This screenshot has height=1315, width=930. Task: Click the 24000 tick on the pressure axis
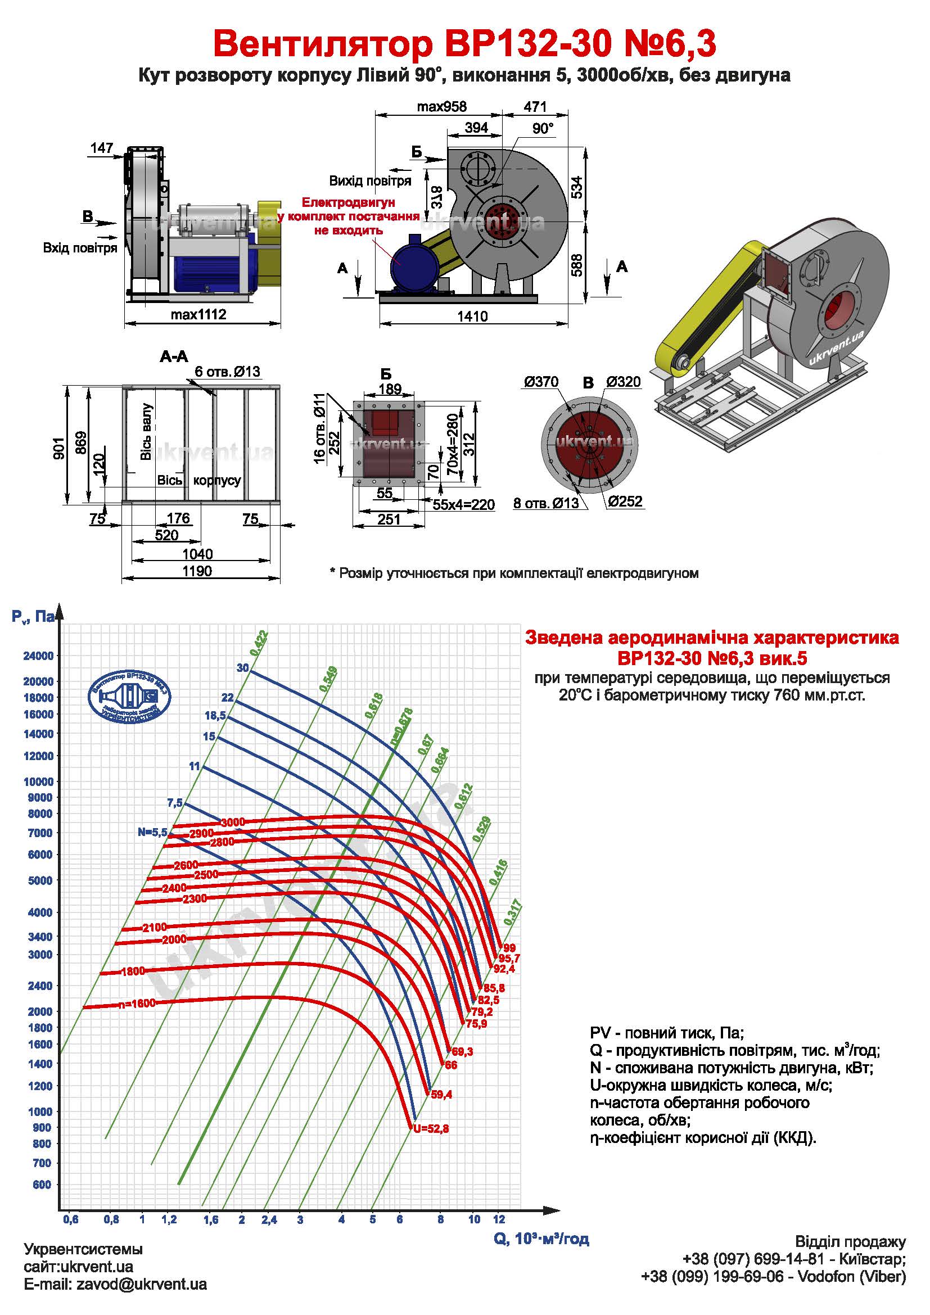[38, 656]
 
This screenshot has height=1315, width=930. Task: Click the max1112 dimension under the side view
[198, 314]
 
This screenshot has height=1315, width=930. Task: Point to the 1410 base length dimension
[472, 316]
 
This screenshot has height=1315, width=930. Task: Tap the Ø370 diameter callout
[540, 382]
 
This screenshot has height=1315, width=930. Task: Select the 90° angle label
[543, 128]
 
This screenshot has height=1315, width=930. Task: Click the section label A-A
[174, 357]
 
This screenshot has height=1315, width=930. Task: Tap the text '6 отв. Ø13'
[227, 371]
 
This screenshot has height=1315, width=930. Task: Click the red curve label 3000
[233, 823]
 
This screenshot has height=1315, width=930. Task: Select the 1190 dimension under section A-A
[197, 571]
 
